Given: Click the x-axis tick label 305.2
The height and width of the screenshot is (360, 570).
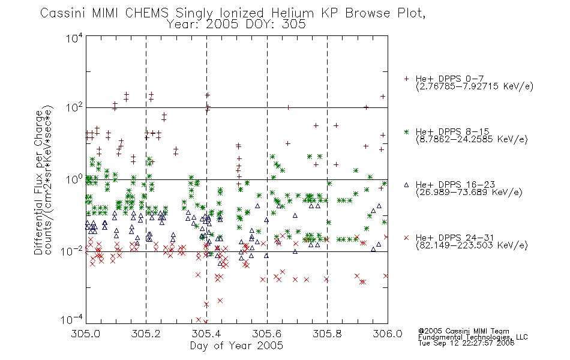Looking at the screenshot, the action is pyautogui.click(x=146, y=334).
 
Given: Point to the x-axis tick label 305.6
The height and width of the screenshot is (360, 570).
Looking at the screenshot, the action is pyautogui.click(x=267, y=334).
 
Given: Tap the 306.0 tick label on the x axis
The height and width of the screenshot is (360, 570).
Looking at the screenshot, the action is pyautogui.click(x=388, y=334).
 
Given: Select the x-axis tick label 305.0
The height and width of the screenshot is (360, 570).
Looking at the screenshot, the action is pyautogui.click(x=85, y=334).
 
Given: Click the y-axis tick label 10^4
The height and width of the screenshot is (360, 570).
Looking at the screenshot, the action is pyautogui.click(x=74, y=38).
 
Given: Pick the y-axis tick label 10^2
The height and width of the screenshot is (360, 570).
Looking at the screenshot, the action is pyautogui.click(x=74, y=107).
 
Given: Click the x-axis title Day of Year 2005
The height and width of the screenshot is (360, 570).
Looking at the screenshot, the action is pyautogui.click(x=236, y=346).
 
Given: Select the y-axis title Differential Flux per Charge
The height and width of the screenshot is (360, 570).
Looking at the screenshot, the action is pyautogui.click(x=38, y=182).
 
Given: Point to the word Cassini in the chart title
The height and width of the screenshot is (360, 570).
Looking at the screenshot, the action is pyautogui.click(x=62, y=13).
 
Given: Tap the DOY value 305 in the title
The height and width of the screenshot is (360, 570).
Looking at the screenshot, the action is pyautogui.click(x=295, y=25).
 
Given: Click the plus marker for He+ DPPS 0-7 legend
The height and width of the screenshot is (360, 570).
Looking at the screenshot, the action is pyautogui.click(x=406, y=79).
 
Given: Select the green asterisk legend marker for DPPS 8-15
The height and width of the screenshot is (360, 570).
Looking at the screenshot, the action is pyautogui.click(x=406, y=131).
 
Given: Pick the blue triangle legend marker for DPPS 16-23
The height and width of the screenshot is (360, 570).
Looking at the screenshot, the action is pyautogui.click(x=406, y=185).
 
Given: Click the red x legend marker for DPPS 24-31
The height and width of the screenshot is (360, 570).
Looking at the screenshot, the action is pyautogui.click(x=406, y=238).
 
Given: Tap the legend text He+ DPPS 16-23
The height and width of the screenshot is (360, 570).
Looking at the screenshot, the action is pyautogui.click(x=455, y=185).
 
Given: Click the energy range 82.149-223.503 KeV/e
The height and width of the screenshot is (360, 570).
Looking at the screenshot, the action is pyautogui.click(x=472, y=245).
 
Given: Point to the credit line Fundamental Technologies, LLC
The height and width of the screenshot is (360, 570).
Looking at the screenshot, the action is pyautogui.click(x=473, y=337).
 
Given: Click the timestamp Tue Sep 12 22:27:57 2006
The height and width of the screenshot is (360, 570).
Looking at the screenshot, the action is pyautogui.click(x=466, y=343).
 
